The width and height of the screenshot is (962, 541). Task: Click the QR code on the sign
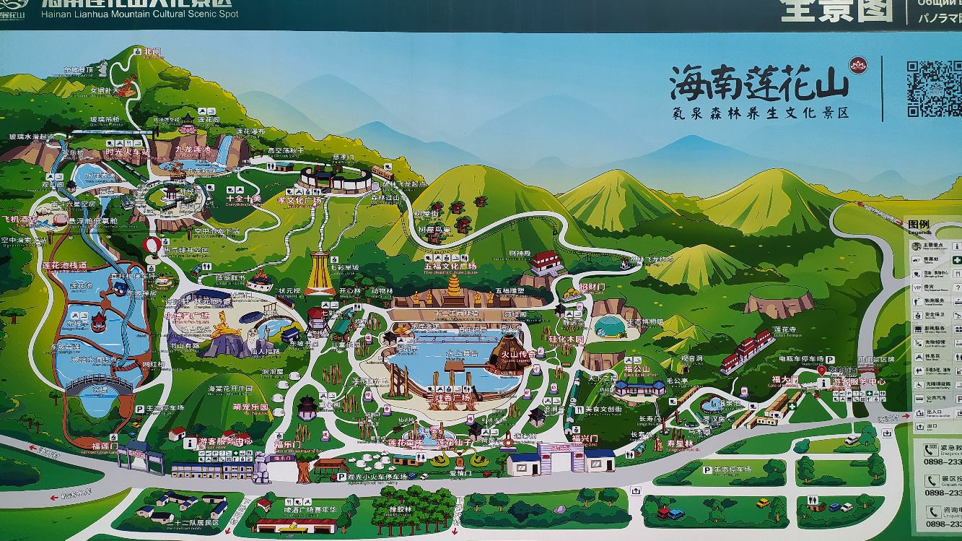934,89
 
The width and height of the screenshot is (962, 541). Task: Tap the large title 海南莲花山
759,82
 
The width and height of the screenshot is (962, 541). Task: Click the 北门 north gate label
152,52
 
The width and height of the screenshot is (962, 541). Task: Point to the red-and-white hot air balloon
153,247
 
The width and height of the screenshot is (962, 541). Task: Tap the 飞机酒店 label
19,220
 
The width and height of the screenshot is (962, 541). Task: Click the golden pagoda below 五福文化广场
454,290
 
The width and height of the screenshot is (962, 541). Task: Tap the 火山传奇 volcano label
522,354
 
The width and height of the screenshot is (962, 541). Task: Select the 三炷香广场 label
451,397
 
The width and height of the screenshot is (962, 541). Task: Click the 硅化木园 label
566,338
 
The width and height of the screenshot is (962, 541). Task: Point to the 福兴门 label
585,438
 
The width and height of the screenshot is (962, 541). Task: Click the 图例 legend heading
919,225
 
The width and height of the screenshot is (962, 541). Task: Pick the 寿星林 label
678,443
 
